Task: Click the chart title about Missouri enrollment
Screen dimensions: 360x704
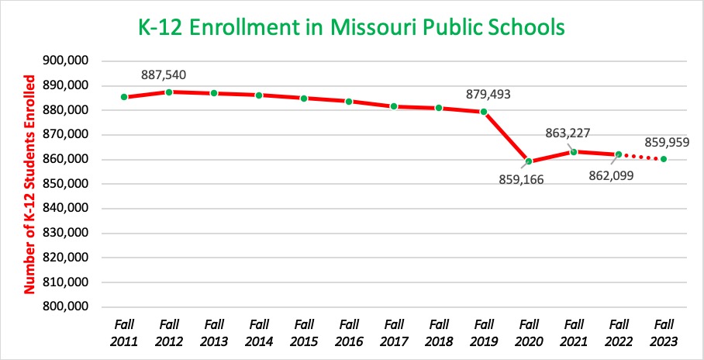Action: coord(351,29)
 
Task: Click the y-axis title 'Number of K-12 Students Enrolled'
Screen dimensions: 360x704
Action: coord(31,184)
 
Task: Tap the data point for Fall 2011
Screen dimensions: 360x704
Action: coord(124,97)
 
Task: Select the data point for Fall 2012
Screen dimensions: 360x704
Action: coord(169,92)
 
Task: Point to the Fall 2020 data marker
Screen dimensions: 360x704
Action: coord(528,161)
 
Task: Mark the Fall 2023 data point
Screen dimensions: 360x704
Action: coord(664,159)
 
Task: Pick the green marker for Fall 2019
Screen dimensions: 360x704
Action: coord(484,112)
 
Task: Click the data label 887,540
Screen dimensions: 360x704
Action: coord(164,75)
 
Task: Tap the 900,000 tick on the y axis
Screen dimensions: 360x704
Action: coord(66,61)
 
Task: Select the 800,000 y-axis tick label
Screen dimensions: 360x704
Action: coord(66,306)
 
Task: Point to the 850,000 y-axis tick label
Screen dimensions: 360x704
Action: coord(66,184)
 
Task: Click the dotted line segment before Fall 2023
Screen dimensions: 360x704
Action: coord(641,157)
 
